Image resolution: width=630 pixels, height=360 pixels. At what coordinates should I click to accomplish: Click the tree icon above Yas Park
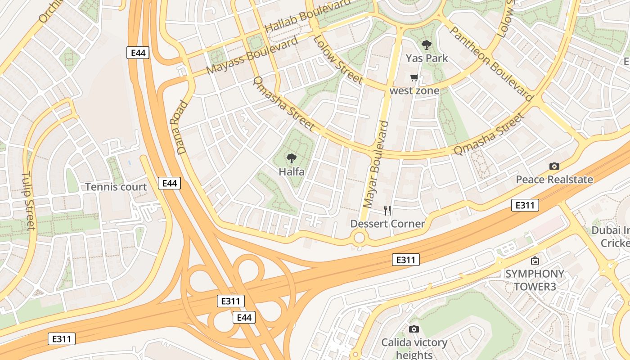426,45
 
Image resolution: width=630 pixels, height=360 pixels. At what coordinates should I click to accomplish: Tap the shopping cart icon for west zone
414,78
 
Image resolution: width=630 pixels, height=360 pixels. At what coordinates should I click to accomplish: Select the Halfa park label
291,171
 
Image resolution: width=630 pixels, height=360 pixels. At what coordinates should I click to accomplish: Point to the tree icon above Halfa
291,158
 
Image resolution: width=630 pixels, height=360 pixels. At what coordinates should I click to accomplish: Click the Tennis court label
116,187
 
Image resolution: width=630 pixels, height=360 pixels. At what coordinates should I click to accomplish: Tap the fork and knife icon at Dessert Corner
387,210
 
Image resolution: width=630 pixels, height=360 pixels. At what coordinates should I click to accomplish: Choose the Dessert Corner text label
387,224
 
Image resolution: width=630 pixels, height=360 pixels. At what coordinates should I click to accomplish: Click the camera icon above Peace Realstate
554,166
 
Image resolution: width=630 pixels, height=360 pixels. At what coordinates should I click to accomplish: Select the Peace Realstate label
554,180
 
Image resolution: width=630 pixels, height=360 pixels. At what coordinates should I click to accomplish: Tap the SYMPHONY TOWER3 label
535,280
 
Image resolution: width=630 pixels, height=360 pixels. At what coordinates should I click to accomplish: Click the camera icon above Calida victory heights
414,329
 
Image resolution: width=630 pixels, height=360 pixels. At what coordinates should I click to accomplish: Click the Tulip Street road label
28,200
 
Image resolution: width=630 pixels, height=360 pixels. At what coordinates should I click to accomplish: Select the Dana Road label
179,128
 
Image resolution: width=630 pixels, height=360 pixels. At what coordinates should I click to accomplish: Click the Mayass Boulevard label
252,56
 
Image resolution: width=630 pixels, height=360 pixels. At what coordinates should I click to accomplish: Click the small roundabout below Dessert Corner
359,237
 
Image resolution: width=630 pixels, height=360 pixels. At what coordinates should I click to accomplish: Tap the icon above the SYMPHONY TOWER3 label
535,260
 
